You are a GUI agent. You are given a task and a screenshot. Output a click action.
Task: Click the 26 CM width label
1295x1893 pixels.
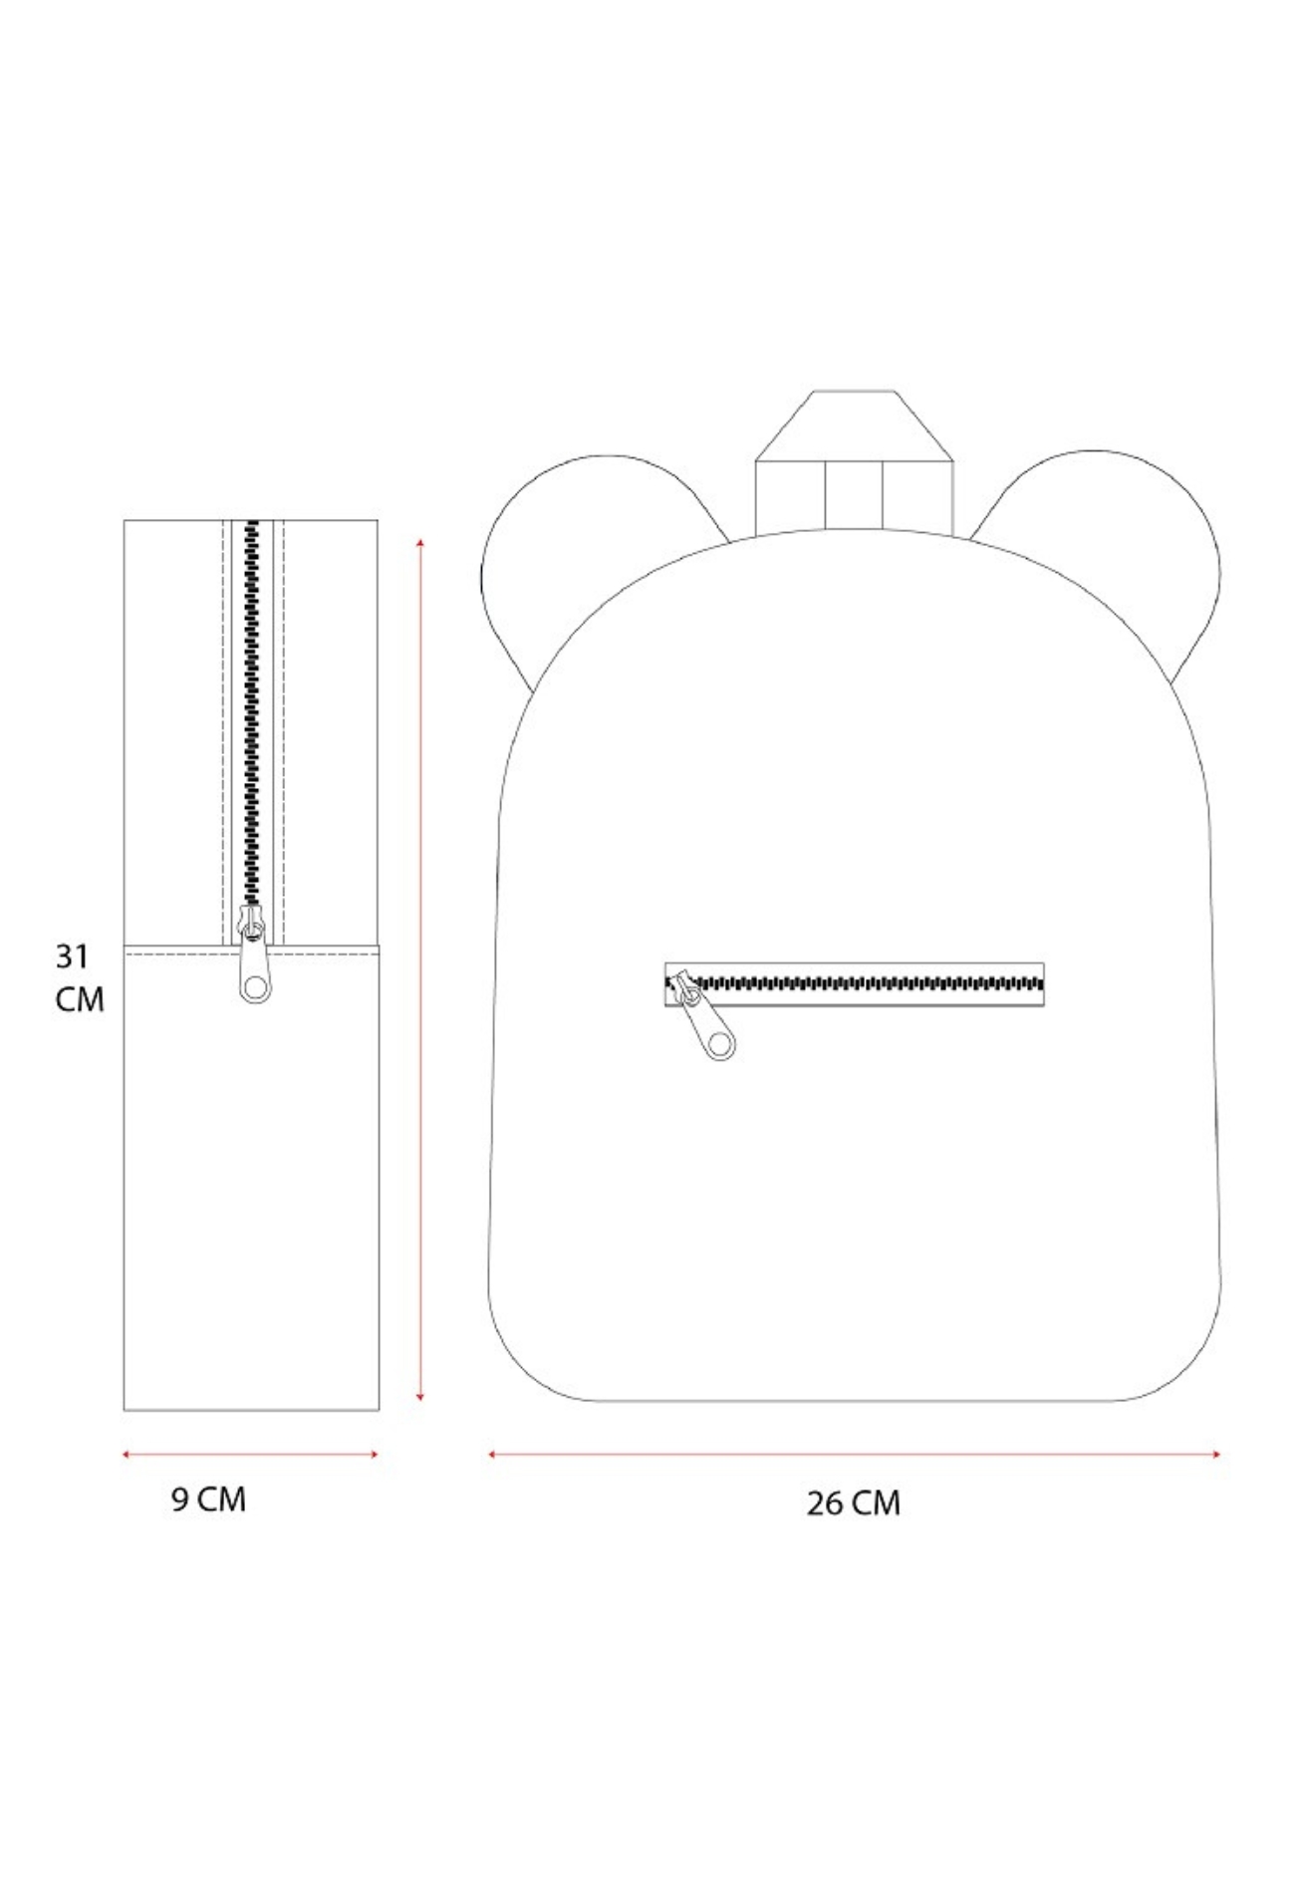[x=853, y=1502]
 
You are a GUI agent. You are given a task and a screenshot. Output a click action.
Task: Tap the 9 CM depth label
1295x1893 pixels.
[x=208, y=1498]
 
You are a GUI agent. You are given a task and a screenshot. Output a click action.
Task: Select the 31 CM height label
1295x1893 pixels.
[x=79, y=977]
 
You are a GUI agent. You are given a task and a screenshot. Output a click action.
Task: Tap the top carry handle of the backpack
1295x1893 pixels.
[x=855, y=460]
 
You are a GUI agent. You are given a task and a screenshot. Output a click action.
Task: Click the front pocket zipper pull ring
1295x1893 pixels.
[x=719, y=1043]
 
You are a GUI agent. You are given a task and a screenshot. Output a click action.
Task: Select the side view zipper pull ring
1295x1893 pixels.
[x=255, y=986]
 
